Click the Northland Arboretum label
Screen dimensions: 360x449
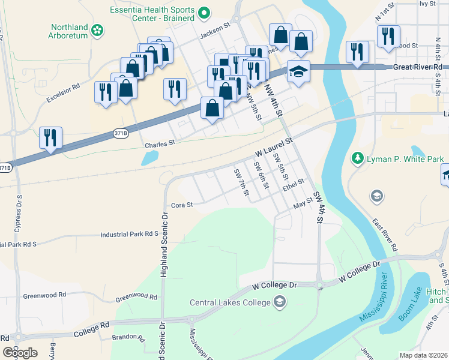pyautogui.click(x=69, y=32)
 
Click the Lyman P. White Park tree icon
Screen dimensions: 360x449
pyautogui.click(x=358, y=158)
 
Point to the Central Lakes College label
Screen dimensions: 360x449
pyautogui.click(x=231, y=302)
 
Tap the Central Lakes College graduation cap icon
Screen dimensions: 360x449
pyautogui.click(x=279, y=301)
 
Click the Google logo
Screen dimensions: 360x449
pyautogui.click(x=20, y=352)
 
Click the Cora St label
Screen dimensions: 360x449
pyautogui.click(x=181, y=205)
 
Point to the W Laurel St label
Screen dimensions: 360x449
pyautogui.click(x=273, y=146)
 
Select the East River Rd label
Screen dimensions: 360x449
pyautogui.click(x=385, y=235)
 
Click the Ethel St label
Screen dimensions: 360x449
pyautogui.click(x=294, y=185)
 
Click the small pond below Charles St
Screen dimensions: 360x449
pyautogui.click(x=149, y=158)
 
